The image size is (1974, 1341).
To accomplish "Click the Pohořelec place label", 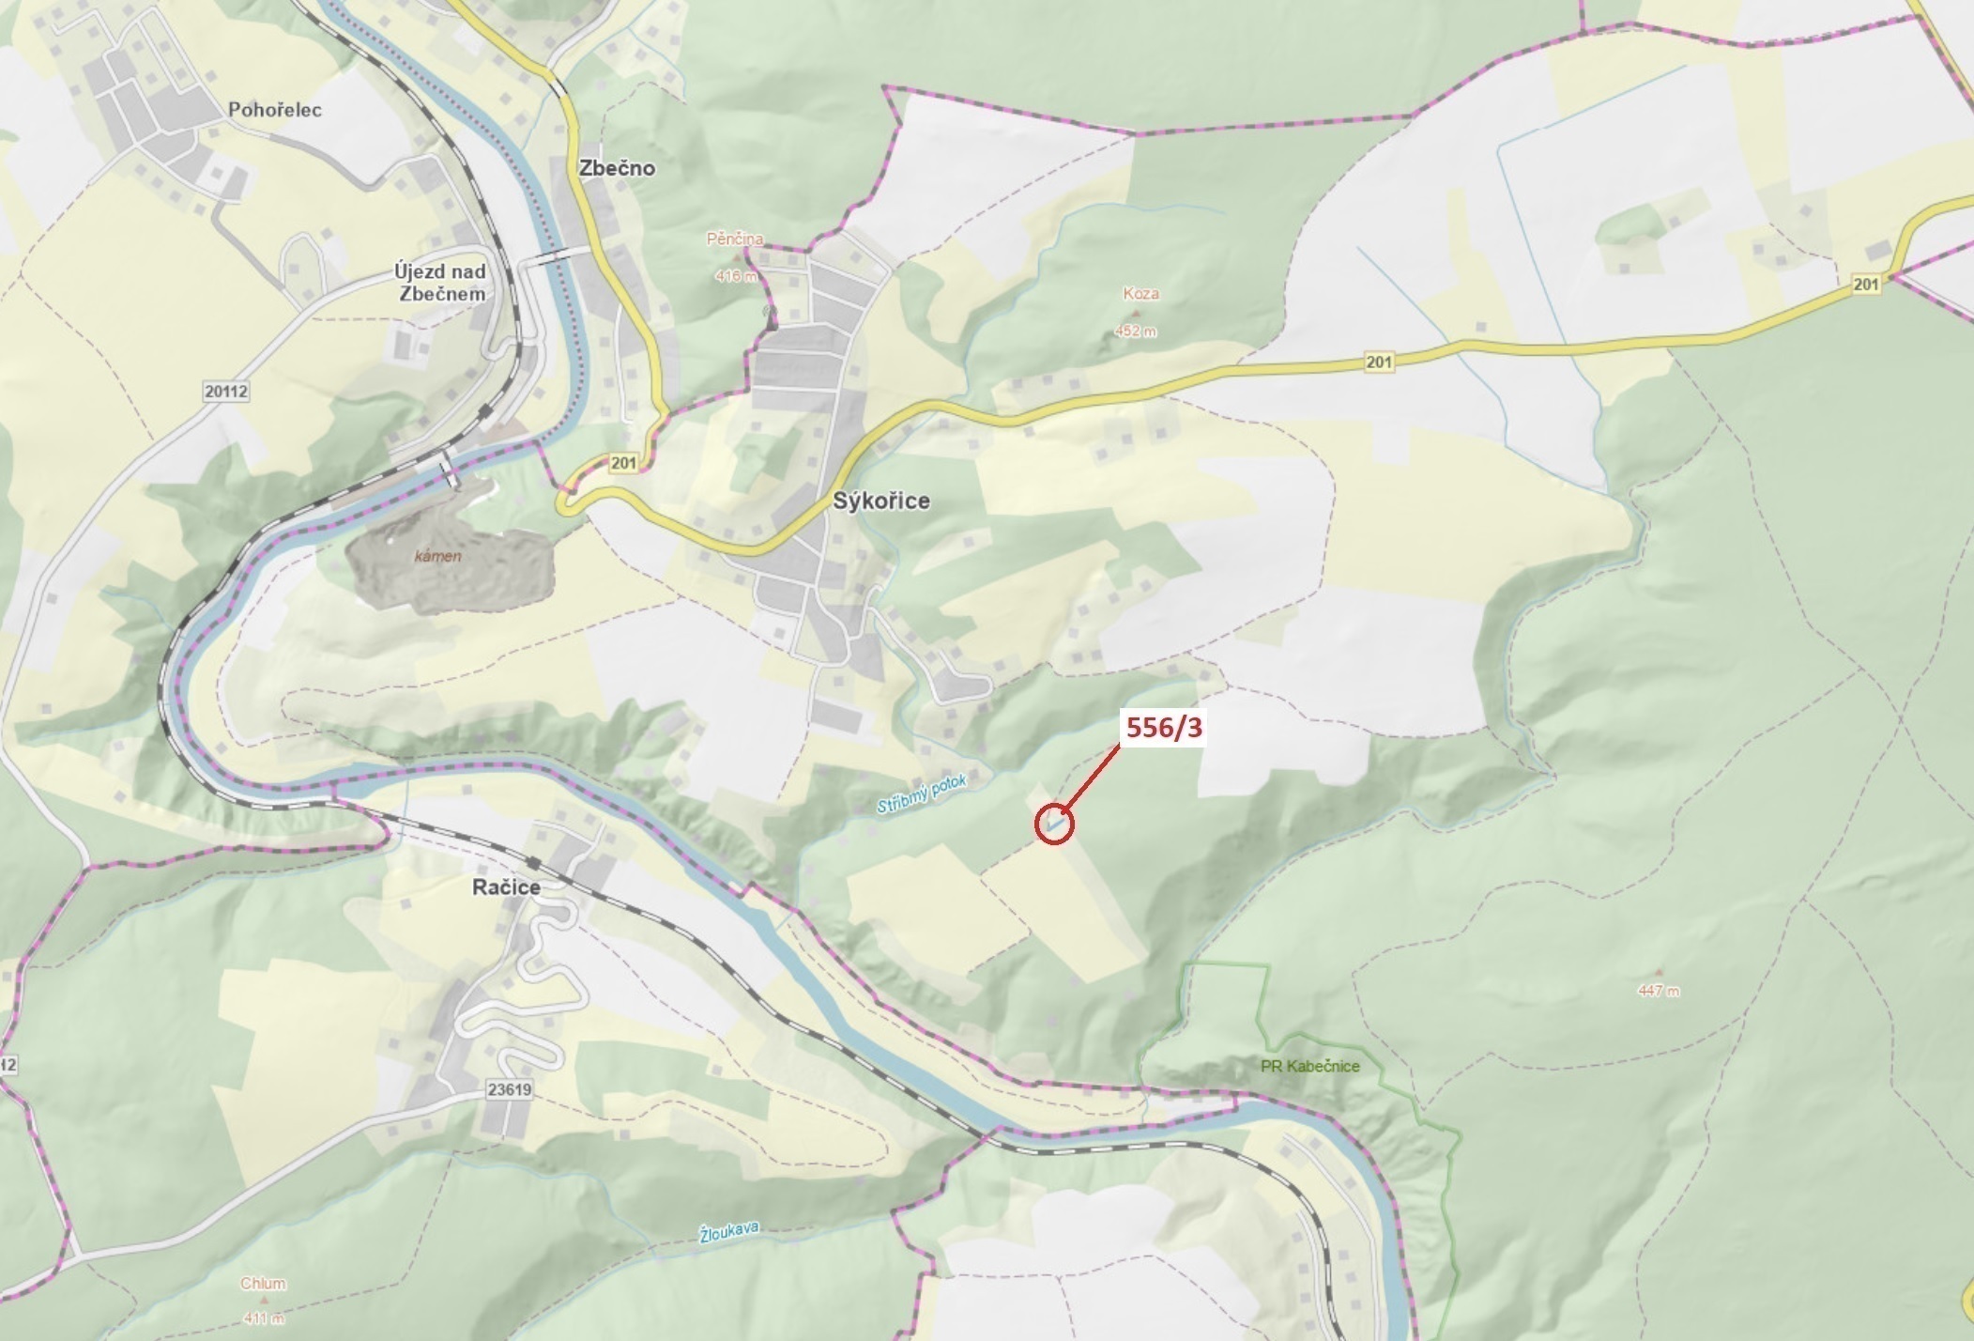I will (275, 110).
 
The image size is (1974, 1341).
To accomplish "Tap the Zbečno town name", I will (617, 168).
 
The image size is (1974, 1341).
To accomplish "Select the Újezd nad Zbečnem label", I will (440, 283).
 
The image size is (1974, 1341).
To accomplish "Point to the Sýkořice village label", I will (881, 501).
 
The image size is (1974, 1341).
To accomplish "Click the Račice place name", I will (506, 887).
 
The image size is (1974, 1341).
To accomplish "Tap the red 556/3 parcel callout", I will (1163, 728).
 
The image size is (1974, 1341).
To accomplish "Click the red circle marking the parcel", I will (1053, 825).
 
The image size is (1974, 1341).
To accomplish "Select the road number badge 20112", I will (225, 391).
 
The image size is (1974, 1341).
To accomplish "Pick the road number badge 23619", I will (510, 1090).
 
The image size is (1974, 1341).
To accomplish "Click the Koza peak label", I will (1140, 294).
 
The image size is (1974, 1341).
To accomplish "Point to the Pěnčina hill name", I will (735, 239).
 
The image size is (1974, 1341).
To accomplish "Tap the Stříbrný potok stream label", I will (921, 794).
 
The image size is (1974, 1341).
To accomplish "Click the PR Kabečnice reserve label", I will (1310, 1066).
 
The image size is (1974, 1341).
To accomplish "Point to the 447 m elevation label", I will (1659, 991).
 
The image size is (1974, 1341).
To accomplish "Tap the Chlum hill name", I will (263, 1284).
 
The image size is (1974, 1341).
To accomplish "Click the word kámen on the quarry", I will (438, 556).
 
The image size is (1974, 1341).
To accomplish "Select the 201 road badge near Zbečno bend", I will (623, 463).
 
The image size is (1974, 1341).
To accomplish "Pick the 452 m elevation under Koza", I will (1136, 331).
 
